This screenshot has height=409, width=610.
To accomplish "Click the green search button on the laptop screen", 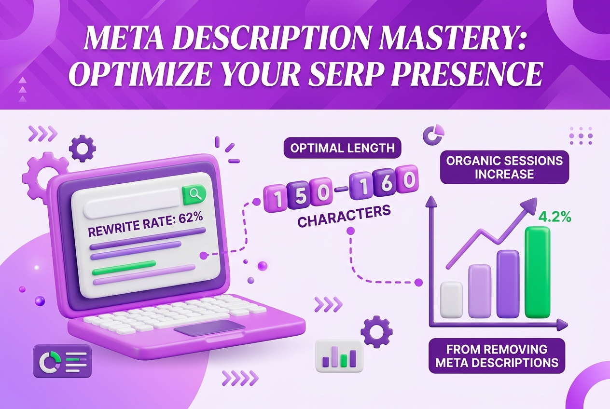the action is point(194,195).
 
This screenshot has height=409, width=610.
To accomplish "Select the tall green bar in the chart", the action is point(537,273).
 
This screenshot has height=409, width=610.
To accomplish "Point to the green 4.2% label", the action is point(555,217).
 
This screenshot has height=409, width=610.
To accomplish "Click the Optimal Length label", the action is point(342,148).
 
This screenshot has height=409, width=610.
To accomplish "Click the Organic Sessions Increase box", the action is point(504,167).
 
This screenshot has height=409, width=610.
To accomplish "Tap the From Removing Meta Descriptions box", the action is point(497,356).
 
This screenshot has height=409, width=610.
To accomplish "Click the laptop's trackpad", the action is point(209,328).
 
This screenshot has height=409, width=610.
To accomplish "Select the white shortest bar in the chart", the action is point(451,300).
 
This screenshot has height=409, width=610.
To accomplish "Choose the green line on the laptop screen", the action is point(124,264).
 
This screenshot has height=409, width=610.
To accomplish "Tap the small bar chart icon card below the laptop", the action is point(339,355).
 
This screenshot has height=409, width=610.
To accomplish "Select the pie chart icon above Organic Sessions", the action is point(433,135).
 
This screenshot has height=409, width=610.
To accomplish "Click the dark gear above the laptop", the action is point(82,149).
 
